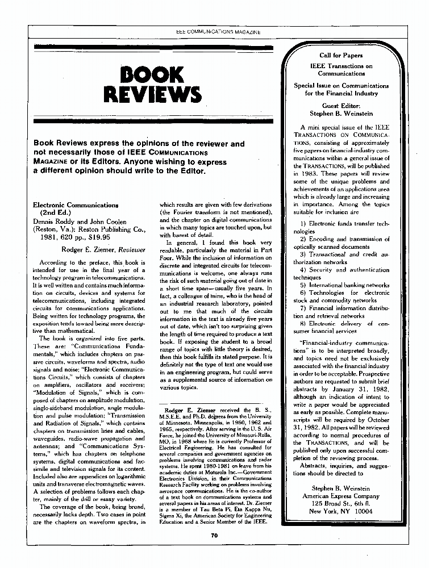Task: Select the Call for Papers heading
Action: tap(345, 56)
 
